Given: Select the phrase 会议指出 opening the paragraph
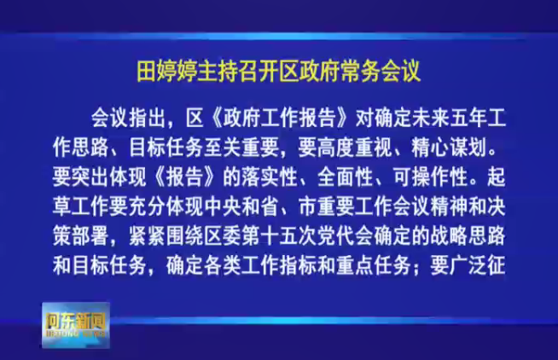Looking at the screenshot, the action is point(129,118).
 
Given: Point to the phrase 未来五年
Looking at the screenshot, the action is point(450,118).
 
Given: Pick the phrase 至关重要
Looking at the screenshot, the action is point(241,148).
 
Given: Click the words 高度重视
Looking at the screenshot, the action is point(354,148).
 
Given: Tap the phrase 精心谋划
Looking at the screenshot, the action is point(449,148).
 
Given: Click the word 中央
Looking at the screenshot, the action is point(223,206).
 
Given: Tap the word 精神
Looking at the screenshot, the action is point(449,206).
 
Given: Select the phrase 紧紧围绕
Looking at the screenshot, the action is point(166,235).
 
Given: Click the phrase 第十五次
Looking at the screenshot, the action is point(279,235).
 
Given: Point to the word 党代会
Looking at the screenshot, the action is point(346,235).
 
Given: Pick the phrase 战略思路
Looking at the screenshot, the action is point(468,235).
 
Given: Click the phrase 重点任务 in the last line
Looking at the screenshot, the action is point(374,265).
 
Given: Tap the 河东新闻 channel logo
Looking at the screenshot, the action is point(76,325).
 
